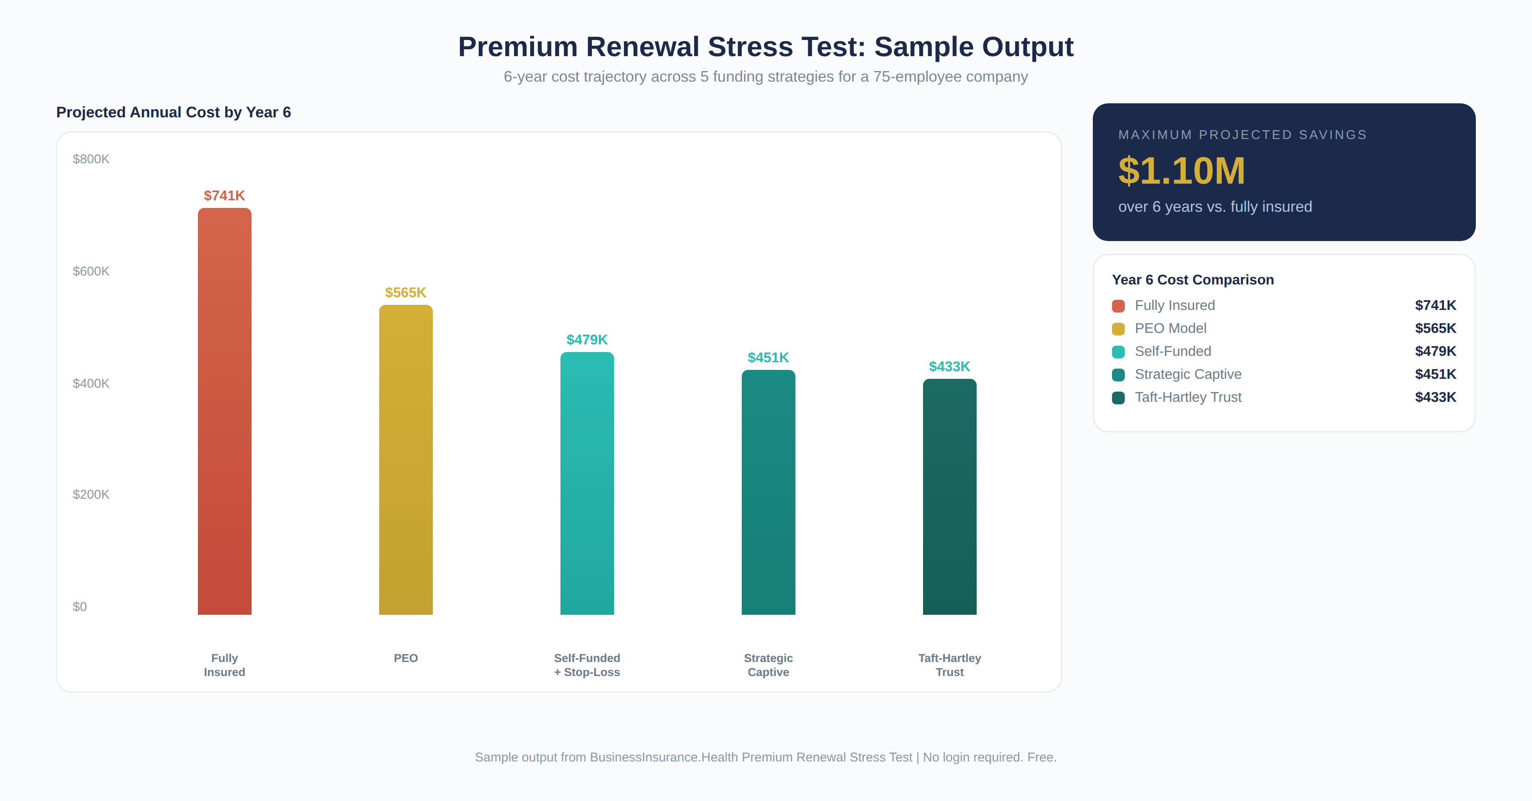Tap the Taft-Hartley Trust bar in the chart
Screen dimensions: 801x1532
[x=949, y=496]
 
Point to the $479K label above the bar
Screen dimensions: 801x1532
[x=586, y=340]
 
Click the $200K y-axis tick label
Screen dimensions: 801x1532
[x=91, y=494]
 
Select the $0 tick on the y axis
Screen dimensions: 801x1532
[x=80, y=607]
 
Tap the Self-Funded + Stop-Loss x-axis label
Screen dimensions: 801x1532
[x=586, y=665]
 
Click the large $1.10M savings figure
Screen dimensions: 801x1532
[x=1181, y=171]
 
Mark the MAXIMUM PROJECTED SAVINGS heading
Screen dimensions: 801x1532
[x=1242, y=135]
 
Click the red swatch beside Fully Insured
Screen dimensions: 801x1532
[x=1118, y=306]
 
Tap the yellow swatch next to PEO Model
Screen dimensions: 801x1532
[x=1118, y=329]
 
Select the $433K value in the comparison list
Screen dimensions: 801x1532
[x=1435, y=397]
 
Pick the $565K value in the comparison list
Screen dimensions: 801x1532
[x=1435, y=328]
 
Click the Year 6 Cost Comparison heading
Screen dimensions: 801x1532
[x=1192, y=280]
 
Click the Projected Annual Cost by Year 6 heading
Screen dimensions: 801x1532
[x=173, y=112]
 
